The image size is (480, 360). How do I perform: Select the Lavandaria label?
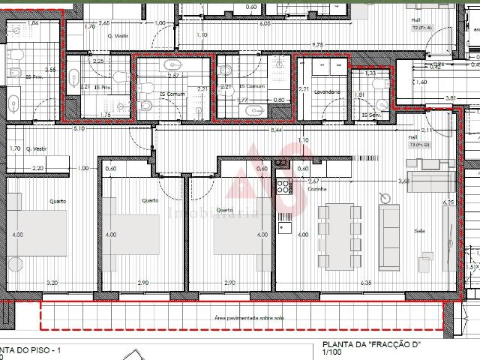[328, 91]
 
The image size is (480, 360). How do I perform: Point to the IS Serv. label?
[370, 115]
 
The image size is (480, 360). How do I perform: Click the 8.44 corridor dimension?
[277, 130]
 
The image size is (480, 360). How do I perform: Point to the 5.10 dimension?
[78, 129]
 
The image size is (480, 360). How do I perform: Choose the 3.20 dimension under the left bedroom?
[52, 283]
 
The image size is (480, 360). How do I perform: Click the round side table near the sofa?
[385, 198]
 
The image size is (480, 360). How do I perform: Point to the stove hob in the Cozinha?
[285, 184]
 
